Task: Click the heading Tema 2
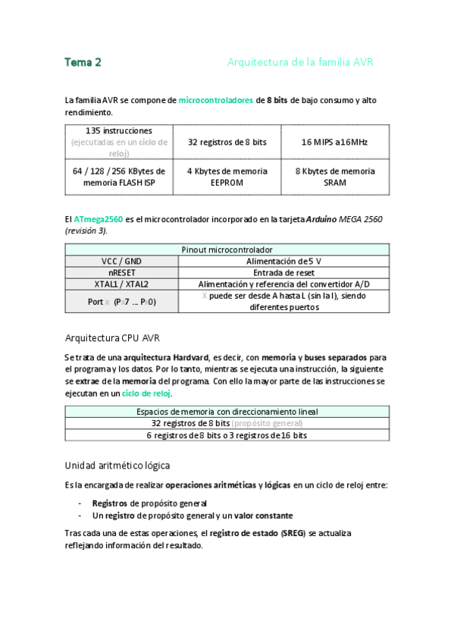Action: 83,62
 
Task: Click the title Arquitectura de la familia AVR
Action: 300,62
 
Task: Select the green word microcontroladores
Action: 216,100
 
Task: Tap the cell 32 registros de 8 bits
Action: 227,142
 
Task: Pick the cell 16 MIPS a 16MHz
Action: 335,142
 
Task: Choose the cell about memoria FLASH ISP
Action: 119,177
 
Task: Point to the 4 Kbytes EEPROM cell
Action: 227,177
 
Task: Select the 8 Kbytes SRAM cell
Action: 335,177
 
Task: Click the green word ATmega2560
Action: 99,219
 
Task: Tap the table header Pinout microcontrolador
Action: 227,249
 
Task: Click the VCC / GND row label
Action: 121,261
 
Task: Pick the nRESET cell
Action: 121,272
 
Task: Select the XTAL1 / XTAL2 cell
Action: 121,284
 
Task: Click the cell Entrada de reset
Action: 283,272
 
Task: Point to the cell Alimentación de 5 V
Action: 283,261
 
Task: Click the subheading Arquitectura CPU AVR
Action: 111,337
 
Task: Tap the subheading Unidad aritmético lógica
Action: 117,465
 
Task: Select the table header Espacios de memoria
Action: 227,412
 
